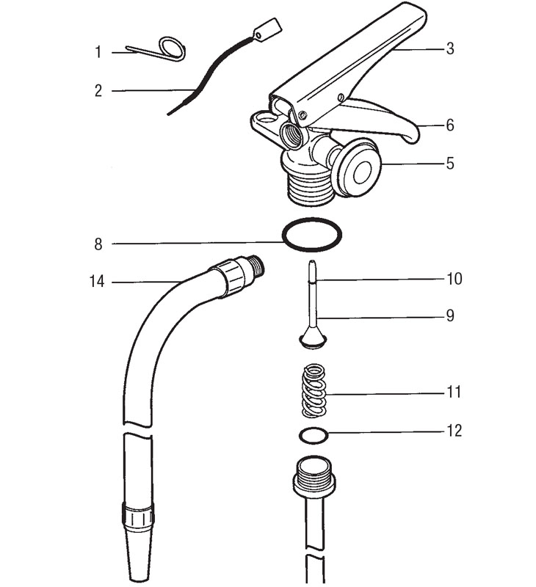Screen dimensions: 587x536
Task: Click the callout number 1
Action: [x=98, y=52]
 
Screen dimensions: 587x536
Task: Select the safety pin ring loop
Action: [x=173, y=49]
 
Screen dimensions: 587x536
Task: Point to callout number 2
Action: [x=98, y=91]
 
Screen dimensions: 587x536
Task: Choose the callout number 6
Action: [x=449, y=125]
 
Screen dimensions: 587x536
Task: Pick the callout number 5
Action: [x=449, y=163]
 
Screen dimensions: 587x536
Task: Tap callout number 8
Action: [x=98, y=244]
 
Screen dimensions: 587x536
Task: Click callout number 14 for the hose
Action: [x=97, y=281]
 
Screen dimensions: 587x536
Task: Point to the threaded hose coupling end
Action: [x=253, y=266]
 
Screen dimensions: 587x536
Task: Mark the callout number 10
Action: [x=453, y=279]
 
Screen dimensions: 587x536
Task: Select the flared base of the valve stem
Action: [x=312, y=338]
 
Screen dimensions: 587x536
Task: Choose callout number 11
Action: [x=453, y=393]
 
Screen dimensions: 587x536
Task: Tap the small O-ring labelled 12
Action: [x=313, y=436]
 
